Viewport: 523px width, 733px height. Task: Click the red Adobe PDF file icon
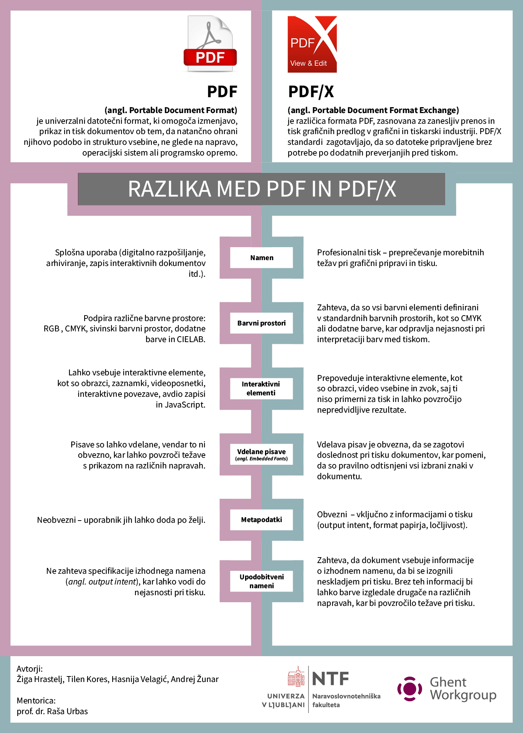click(210, 44)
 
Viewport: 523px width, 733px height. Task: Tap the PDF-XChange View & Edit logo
click(312, 44)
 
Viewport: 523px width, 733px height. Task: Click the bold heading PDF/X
click(311, 92)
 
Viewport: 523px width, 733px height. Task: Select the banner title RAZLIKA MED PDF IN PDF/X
click(262, 189)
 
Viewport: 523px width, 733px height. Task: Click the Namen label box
click(262, 258)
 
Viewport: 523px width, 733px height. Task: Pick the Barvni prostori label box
click(262, 323)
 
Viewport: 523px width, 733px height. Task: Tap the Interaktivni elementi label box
click(261, 388)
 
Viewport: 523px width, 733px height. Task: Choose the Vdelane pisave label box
click(262, 454)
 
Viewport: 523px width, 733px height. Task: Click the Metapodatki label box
click(262, 520)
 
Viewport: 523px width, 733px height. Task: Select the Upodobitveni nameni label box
click(262, 581)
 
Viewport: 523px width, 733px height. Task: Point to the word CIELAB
click(190, 339)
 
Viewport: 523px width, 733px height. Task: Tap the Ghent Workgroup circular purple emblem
click(410, 689)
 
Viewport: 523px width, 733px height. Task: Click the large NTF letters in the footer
click(330, 679)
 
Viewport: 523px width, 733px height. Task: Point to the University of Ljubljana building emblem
click(296, 676)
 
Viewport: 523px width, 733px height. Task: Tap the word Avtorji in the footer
click(30, 669)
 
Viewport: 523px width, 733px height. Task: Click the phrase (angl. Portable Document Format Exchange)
click(373, 110)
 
